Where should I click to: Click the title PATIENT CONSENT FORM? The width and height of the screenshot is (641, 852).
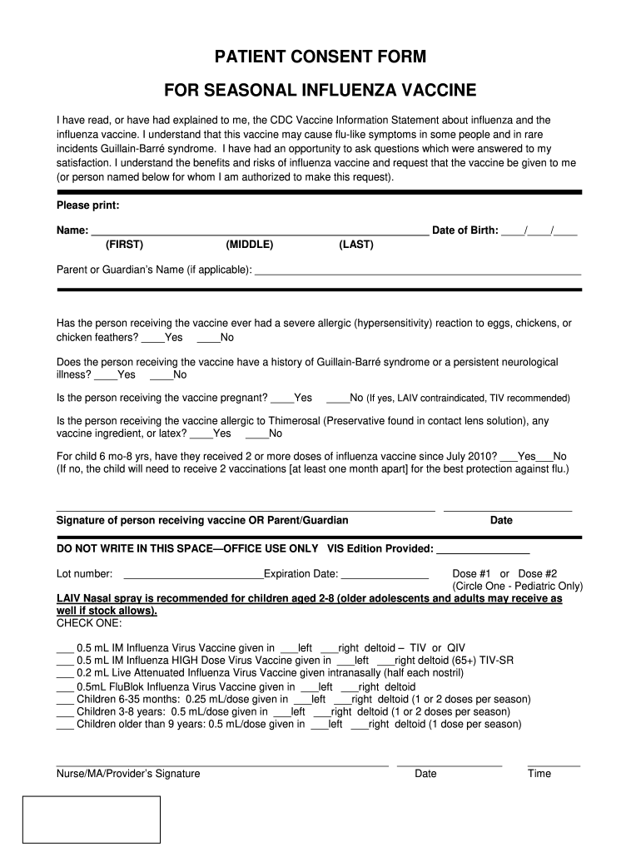click(320, 57)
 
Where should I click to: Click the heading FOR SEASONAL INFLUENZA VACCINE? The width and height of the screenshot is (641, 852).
click(320, 90)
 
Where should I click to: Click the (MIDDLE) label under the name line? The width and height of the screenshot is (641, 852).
click(249, 245)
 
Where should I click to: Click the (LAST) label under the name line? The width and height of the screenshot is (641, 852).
click(356, 245)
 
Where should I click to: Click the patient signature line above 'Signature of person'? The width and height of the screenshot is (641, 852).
click(245, 508)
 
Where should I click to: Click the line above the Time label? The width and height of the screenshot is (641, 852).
click(554, 764)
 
